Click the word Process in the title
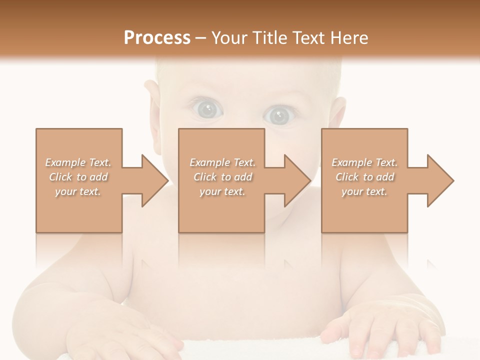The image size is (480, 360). click(157, 38)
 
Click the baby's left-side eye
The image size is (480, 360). click(205, 109)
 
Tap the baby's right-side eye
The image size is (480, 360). click(278, 116)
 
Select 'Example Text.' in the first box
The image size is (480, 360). click(78, 162)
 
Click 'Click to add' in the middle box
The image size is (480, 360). click(222, 177)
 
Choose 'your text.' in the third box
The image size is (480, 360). click(364, 191)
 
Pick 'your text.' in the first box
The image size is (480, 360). click(78, 191)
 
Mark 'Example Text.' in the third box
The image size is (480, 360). click(364, 162)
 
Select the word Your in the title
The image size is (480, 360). click(230, 38)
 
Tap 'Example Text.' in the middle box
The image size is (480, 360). click(222, 162)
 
